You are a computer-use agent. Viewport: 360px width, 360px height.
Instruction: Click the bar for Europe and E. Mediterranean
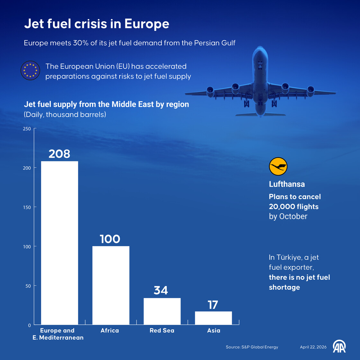pos(59,243)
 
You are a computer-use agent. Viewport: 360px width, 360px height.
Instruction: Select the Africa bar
pos(111,285)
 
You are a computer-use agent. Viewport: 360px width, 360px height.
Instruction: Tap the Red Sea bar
pos(162,311)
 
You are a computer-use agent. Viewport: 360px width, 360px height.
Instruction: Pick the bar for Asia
pos(213,318)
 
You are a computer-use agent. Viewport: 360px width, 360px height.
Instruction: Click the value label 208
pos(59,154)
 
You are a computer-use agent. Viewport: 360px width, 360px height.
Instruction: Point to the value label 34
pos(161,290)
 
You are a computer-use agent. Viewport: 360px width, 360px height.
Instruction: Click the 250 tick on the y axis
pos(27,129)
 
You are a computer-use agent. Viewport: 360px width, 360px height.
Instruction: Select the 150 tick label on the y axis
pos(27,207)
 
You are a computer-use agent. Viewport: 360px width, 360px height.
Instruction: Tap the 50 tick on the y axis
pos(28,286)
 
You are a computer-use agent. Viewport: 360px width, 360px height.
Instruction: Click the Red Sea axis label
pos(162,330)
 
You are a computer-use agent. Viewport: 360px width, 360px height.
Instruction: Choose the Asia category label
pos(213,330)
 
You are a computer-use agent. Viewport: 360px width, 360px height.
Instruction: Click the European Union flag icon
pos(30,70)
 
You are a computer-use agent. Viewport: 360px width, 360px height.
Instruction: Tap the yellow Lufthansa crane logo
pos(278,166)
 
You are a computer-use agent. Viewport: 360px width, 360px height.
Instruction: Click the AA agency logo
pos(339,346)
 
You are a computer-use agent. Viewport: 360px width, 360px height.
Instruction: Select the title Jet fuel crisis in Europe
pos(96,24)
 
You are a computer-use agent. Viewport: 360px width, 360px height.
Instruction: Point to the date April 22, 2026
pos(313,347)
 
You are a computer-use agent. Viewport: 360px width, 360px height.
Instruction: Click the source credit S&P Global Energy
pos(252,347)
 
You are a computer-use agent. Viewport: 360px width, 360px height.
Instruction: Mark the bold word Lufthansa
pos(287,184)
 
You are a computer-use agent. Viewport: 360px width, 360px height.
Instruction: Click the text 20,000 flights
pos(293,207)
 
